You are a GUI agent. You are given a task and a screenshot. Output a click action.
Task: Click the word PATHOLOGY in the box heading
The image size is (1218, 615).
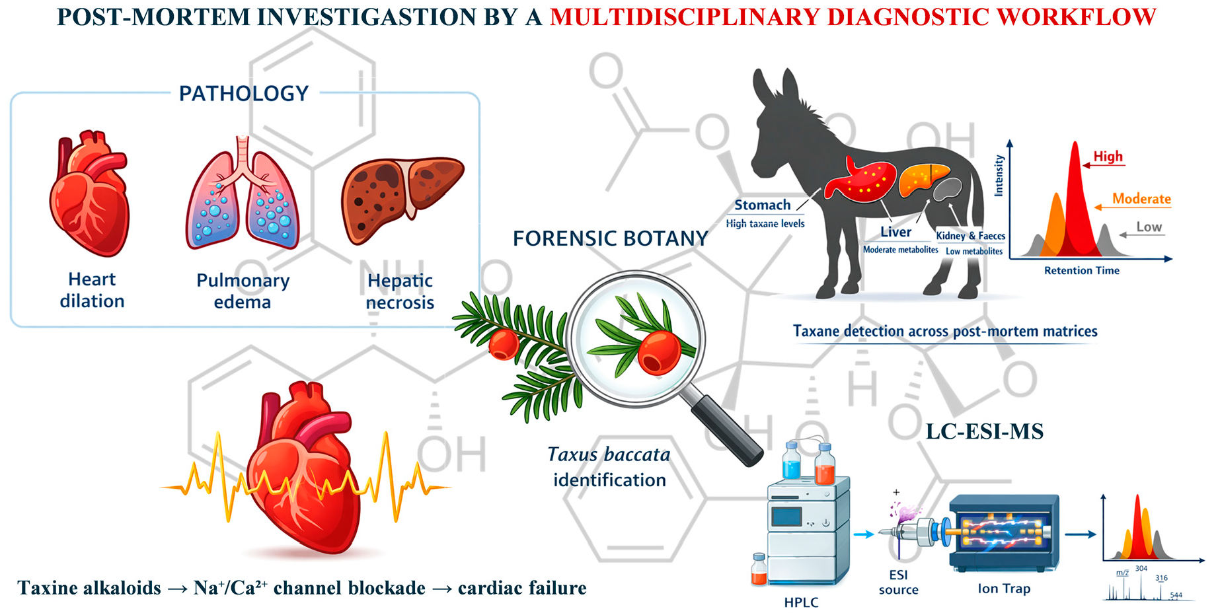click(x=244, y=94)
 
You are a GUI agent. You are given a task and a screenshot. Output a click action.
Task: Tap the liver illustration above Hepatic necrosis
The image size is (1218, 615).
click(x=400, y=198)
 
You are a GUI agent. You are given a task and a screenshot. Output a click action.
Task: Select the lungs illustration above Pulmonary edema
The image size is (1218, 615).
click(x=243, y=198)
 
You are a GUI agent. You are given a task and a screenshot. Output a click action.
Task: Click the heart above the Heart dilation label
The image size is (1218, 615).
click(x=91, y=195)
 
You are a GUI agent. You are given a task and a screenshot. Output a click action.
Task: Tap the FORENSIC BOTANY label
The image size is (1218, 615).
click(x=610, y=238)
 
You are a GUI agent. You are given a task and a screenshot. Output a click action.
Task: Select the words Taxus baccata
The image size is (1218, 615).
click(x=609, y=454)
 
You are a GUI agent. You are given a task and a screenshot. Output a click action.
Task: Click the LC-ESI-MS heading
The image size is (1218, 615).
click(x=984, y=431)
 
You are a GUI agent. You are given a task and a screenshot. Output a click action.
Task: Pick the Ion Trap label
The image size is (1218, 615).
click(x=1003, y=589)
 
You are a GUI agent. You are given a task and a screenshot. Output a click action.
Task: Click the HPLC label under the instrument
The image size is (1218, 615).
click(x=801, y=602)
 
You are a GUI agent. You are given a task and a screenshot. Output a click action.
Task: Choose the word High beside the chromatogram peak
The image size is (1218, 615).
click(x=1108, y=157)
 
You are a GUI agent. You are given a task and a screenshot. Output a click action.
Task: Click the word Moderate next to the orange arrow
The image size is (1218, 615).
click(x=1141, y=199)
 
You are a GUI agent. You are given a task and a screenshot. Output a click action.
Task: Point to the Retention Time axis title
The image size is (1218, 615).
click(x=1081, y=270)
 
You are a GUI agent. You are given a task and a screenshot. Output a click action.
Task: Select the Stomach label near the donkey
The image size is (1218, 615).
click(x=762, y=205)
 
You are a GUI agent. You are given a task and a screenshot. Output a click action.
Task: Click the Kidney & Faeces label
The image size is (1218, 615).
click(x=970, y=236)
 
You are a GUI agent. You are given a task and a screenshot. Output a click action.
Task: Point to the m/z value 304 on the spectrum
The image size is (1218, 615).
click(x=1141, y=569)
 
